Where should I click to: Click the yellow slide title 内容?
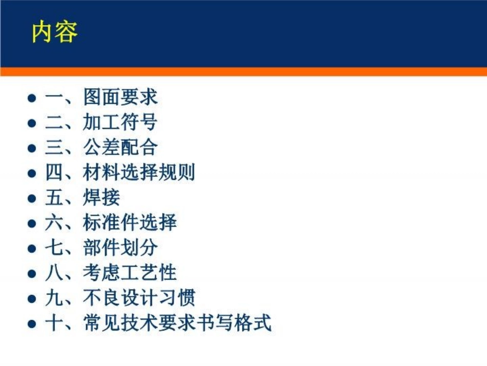pos(54,32)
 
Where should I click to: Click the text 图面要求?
pos(120,98)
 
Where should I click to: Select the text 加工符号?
pos(120,123)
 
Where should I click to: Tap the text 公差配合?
pos(120,148)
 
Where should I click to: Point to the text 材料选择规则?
pos(139,173)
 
